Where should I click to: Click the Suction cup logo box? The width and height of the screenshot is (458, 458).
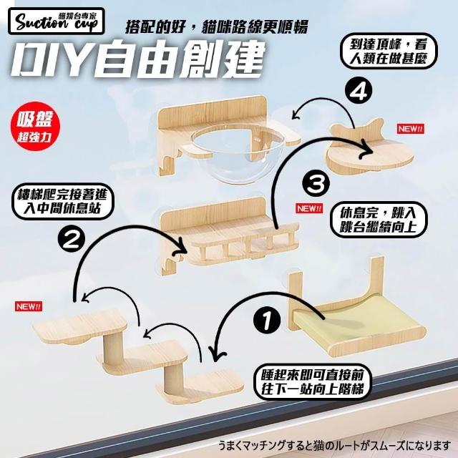click(x=56, y=21)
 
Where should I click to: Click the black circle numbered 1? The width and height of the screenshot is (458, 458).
click(x=268, y=321)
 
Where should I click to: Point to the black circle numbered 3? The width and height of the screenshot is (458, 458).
click(x=316, y=185)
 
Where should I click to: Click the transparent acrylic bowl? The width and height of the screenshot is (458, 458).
click(x=238, y=154)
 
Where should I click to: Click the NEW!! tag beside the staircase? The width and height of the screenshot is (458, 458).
click(x=29, y=306)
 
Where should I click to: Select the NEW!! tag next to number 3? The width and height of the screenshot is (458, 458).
click(x=310, y=208)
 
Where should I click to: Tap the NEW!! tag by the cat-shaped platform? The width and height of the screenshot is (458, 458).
click(x=410, y=129)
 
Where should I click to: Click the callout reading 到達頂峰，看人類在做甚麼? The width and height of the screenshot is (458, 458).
click(x=388, y=52)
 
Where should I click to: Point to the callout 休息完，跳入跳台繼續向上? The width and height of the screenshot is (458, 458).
click(x=378, y=220)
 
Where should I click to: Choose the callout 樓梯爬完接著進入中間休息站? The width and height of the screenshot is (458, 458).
click(x=62, y=201)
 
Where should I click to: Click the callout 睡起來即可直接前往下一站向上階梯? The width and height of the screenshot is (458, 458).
click(x=312, y=381)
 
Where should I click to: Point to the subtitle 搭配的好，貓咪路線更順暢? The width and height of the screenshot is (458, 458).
click(x=217, y=27)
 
